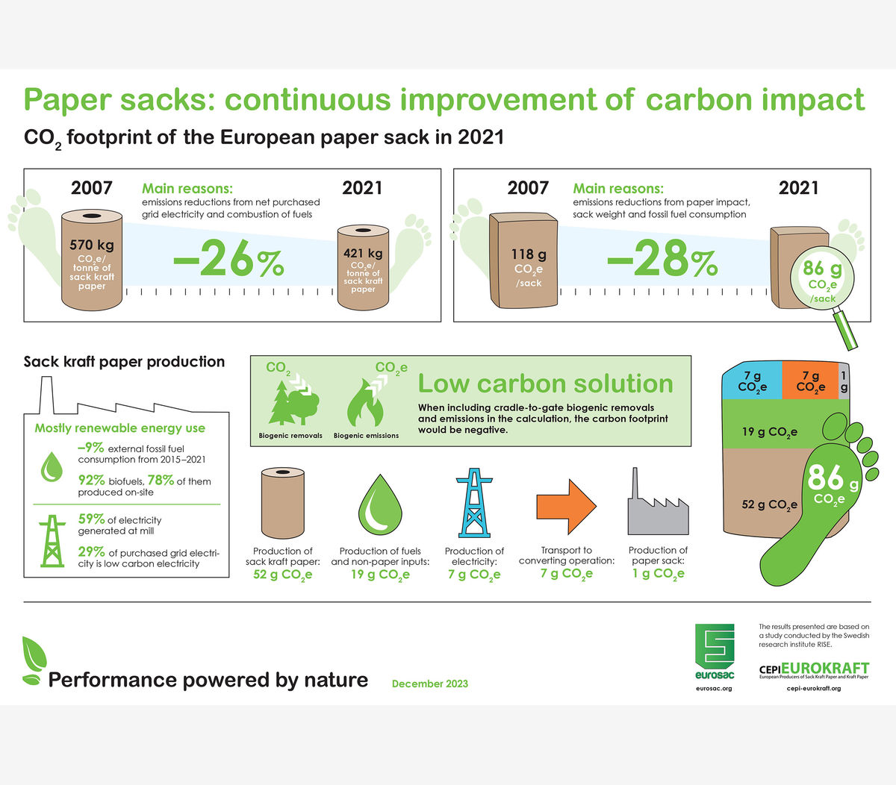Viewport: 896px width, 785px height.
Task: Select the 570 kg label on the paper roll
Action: coord(92,245)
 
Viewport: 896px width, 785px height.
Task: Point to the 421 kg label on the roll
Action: coord(363,253)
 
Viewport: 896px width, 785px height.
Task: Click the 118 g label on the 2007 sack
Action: coord(529,254)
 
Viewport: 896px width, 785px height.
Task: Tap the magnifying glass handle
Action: coord(845,330)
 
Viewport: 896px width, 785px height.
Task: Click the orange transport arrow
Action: coord(567,507)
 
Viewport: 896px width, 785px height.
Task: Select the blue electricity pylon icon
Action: coord(474,502)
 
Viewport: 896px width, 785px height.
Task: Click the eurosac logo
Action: coord(715,651)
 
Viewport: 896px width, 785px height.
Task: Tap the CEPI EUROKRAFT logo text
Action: coord(814,669)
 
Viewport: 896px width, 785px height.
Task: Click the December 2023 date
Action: coord(430,684)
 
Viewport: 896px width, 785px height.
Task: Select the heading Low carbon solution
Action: coord(545,384)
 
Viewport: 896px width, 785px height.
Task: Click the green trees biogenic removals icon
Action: coord(293,403)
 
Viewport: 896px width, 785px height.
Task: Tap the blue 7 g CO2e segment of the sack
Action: coord(753,380)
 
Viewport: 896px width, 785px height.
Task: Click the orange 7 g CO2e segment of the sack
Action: coord(810,380)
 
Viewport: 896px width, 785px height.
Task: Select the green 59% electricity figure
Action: coord(92,519)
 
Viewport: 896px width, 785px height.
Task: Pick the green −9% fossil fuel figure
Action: coord(90,447)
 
